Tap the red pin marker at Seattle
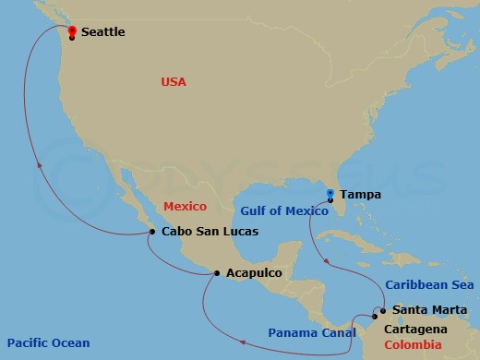[73, 30]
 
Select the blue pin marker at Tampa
[330, 192]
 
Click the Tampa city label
[360, 196]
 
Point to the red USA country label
[173, 82]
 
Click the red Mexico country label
[185, 206]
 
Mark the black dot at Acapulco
[216, 273]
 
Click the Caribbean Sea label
[429, 285]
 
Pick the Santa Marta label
[423, 310]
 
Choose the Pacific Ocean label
[45, 343]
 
